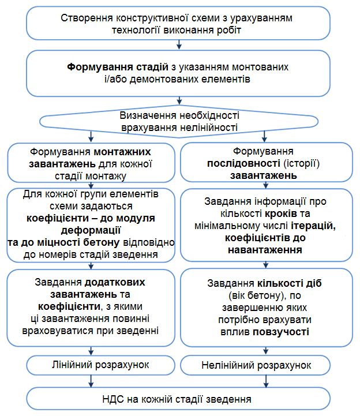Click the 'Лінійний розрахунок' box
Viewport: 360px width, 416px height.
[91, 365]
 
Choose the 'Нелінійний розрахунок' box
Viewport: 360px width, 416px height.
[265, 366]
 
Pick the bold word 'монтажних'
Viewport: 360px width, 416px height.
[122, 152]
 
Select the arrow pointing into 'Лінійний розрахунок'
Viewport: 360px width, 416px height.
[91, 351]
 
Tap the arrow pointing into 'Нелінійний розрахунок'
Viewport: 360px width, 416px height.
[265, 351]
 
